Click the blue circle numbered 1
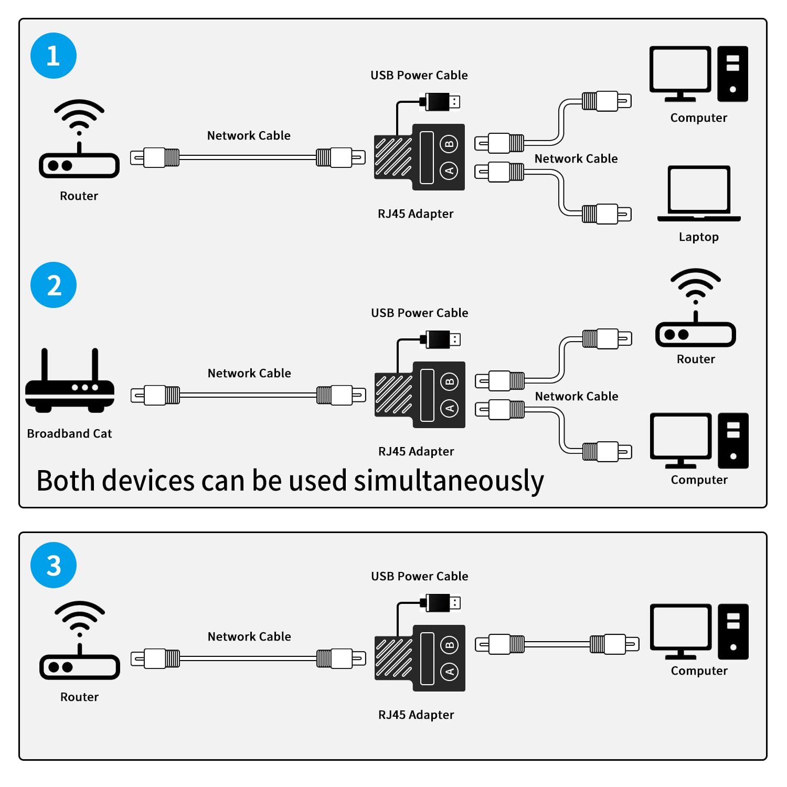coord(54,56)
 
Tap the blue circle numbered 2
coord(54,285)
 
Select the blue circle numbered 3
coord(54,565)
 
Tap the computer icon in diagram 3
coord(698,631)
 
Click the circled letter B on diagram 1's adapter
coord(449,144)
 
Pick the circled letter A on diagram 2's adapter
coord(450,408)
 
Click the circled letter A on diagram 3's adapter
coord(450,672)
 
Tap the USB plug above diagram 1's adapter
coord(440,101)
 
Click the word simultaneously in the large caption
coord(449,481)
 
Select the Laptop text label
coord(698,237)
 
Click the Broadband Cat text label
coord(69,433)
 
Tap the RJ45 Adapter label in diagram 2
coord(416,451)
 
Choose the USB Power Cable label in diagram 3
coord(419,576)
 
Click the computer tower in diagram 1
coord(732,74)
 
